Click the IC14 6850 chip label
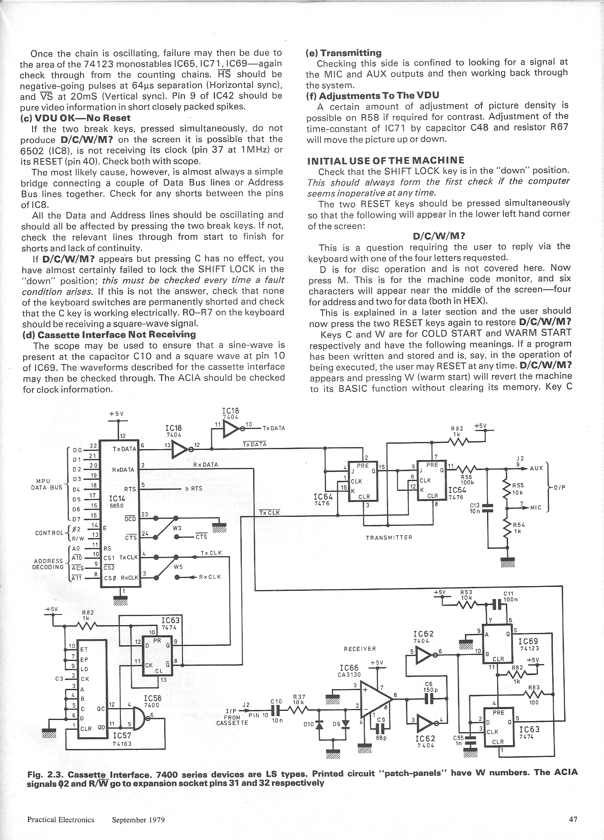[117, 502]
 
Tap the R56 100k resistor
[467, 468]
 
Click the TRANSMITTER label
[389, 537]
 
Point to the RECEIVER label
[360, 649]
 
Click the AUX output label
[536, 468]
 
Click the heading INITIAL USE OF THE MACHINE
[386, 160]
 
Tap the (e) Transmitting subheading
[344, 53]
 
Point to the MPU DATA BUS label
[46, 484]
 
